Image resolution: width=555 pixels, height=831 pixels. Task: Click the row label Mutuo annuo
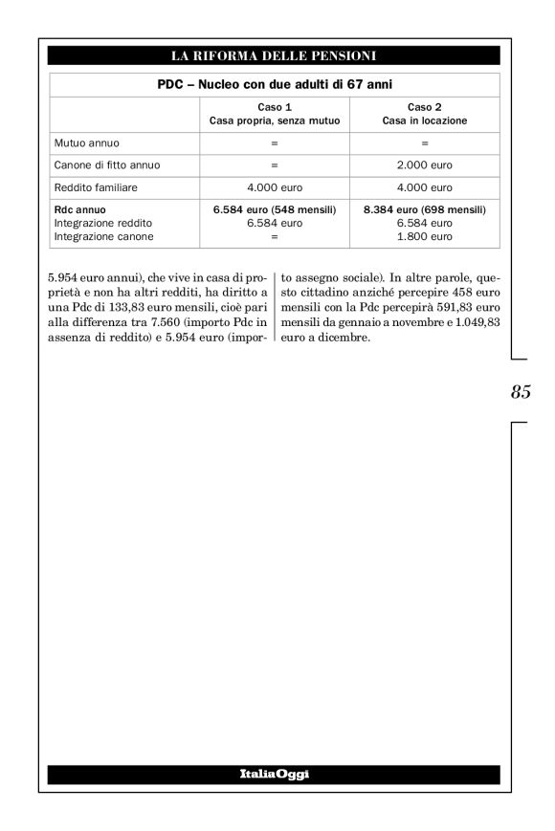(87, 143)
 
